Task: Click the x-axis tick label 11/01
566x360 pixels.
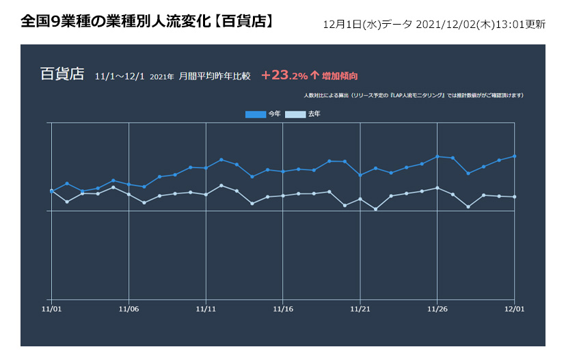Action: pyautogui.click(x=51, y=309)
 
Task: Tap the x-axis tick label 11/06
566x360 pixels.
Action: pyautogui.click(x=129, y=309)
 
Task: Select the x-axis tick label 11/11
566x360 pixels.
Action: pyautogui.click(x=206, y=309)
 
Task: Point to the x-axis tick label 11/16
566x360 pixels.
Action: pyautogui.click(x=283, y=309)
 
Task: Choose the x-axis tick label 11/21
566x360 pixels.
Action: pyautogui.click(x=360, y=309)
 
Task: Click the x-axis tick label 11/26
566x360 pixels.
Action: pyautogui.click(x=437, y=309)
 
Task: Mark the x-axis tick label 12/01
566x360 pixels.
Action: pyautogui.click(x=514, y=309)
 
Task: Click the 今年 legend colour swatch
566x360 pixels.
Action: pyautogui.click(x=256, y=114)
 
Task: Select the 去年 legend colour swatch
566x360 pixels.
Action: pyautogui.click(x=295, y=114)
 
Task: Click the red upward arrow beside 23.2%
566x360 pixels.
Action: pyautogui.click(x=314, y=75)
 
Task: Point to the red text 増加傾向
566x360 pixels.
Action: pyautogui.click(x=340, y=76)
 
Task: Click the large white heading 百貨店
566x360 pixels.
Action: pyautogui.click(x=62, y=74)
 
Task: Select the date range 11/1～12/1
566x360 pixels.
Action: pyautogui.click(x=120, y=76)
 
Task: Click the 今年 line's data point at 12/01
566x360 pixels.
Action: pyautogui.click(x=514, y=156)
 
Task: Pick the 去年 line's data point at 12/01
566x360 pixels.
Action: pyautogui.click(x=514, y=197)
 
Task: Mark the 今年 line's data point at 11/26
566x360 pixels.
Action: pyautogui.click(x=437, y=156)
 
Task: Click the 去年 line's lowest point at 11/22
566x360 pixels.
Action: pyautogui.click(x=375, y=209)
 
